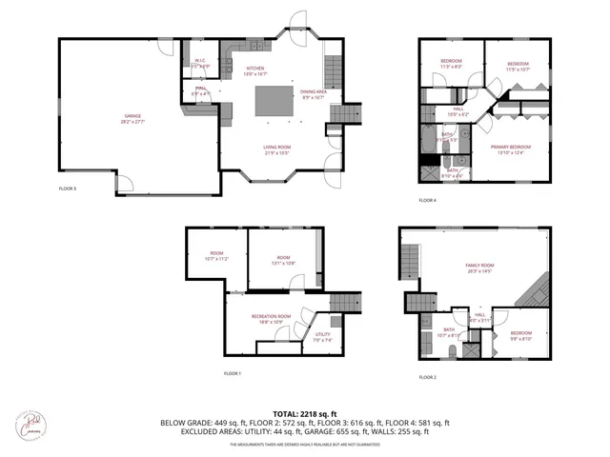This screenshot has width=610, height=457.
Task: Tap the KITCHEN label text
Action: (x=255, y=70)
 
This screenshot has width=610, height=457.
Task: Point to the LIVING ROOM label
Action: (x=276, y=147)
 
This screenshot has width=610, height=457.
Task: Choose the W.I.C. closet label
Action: (x=199, y=63)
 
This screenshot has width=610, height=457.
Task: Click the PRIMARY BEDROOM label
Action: (x=513, y=149)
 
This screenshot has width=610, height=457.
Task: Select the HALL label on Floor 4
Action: (x=458, y=110)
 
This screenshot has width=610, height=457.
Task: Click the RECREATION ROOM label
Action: (x=271, y=317)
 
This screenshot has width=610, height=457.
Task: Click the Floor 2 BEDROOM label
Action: (x=520, y=334)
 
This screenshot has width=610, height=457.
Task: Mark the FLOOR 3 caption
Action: (x=68, y=189)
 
